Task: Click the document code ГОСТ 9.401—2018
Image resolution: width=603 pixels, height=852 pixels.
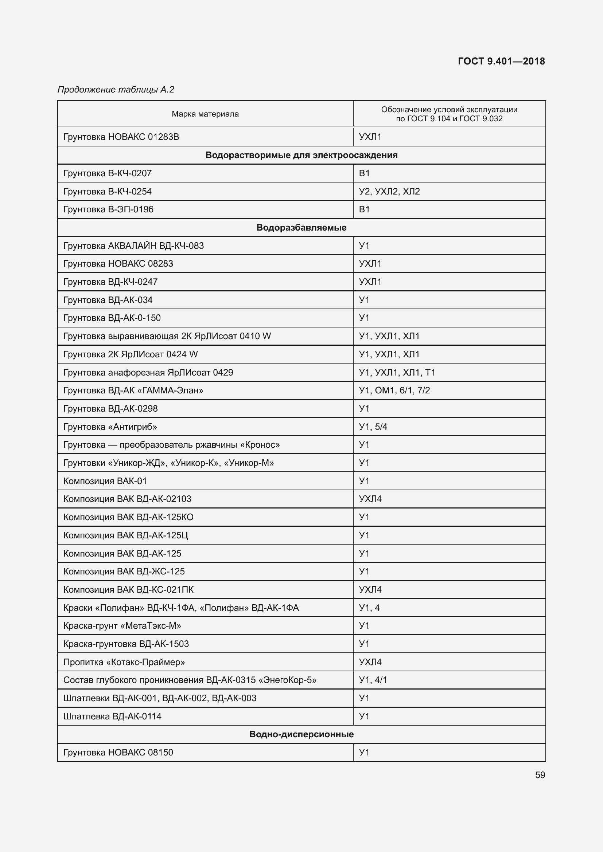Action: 501,61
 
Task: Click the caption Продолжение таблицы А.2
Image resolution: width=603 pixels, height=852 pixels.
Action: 116,90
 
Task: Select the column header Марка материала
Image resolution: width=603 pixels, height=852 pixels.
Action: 205,114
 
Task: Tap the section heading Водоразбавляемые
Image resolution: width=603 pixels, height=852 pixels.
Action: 301,227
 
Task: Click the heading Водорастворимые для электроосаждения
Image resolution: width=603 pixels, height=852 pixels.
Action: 301,155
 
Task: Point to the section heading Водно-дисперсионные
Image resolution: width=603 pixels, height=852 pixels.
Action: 301,734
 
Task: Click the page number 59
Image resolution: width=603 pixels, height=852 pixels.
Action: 540,775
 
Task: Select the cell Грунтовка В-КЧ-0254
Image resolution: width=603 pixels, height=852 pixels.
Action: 107,192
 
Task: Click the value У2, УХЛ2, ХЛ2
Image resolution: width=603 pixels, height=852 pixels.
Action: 389,192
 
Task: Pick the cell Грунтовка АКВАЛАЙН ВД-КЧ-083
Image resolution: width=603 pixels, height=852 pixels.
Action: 133,246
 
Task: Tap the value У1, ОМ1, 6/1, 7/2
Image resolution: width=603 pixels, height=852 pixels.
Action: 394,390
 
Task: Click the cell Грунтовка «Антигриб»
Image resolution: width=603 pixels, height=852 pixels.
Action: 110,427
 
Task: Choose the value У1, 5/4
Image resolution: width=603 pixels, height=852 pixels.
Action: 373,427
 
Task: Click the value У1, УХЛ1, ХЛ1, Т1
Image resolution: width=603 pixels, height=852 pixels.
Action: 397,372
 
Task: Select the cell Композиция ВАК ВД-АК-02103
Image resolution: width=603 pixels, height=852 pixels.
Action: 127,499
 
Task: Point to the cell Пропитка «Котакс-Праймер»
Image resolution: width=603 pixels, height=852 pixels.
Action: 124,662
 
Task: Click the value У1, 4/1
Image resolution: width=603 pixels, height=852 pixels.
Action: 373,680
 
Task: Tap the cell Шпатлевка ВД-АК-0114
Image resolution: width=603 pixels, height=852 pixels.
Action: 112,716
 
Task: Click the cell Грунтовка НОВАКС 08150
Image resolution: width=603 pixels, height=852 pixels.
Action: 118,752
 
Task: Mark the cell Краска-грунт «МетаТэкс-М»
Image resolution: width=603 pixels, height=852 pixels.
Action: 122,626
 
